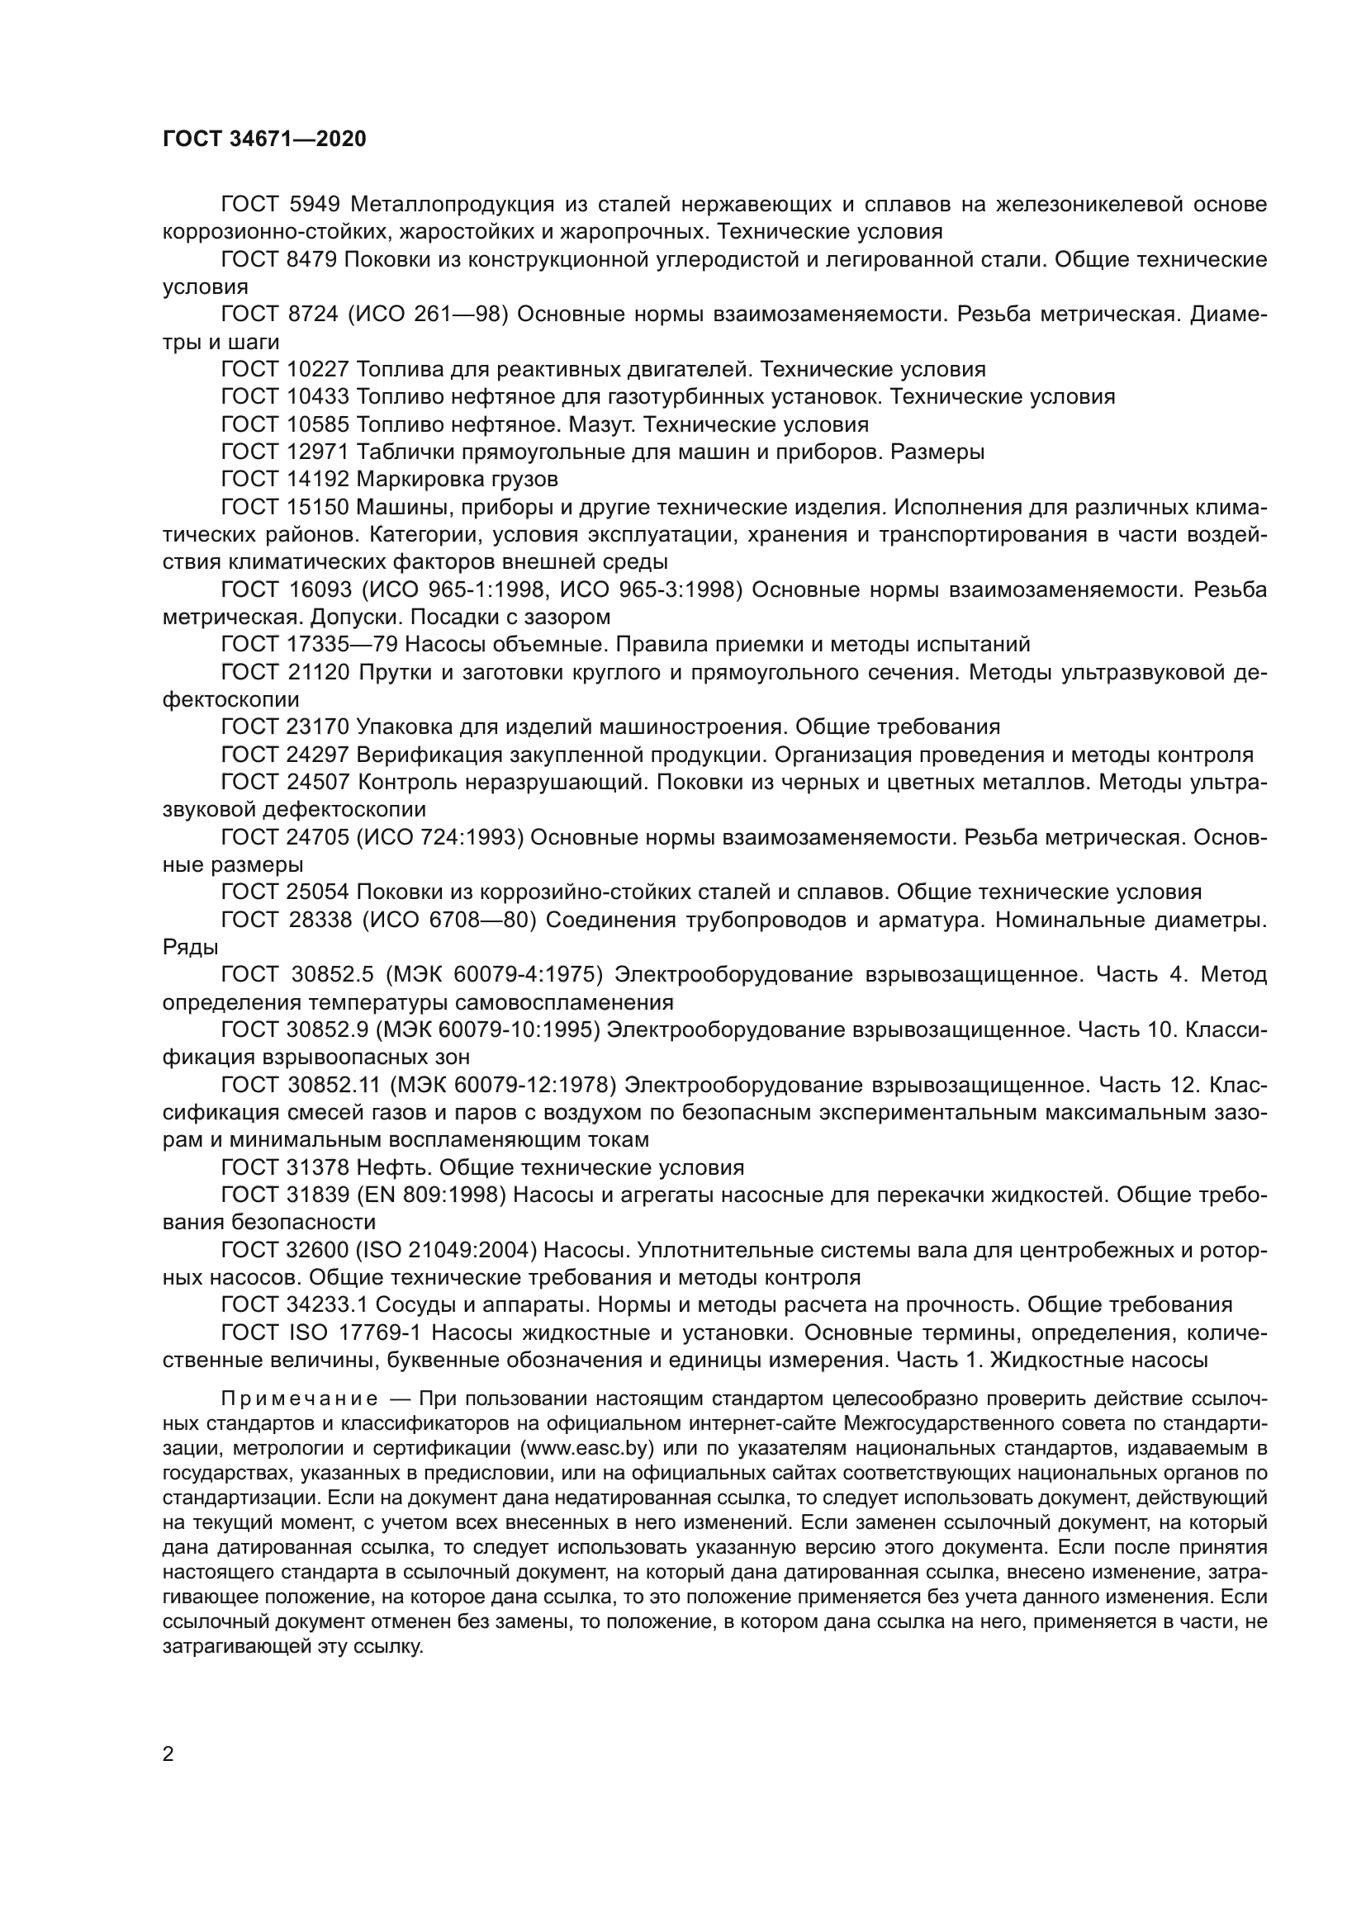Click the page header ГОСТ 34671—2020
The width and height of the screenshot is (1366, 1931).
264,140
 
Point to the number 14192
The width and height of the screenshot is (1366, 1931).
318,480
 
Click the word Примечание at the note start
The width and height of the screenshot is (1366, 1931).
300,1399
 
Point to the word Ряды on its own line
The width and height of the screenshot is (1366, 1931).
190,948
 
